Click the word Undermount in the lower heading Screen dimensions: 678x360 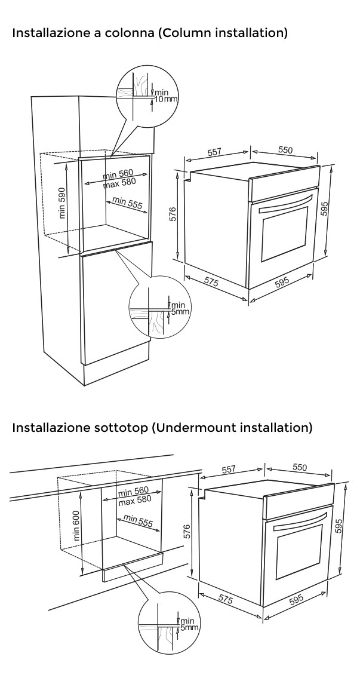(204, 428)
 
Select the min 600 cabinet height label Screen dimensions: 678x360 (76, 525)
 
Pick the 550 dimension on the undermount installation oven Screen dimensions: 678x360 (300, 468)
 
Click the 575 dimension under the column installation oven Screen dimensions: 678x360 (210, 282)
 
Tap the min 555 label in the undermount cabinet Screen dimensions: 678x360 (138, 520)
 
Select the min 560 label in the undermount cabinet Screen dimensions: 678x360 (133, 492)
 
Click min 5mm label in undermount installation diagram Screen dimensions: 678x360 (189, 625)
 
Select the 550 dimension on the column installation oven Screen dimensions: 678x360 (285, 150)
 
